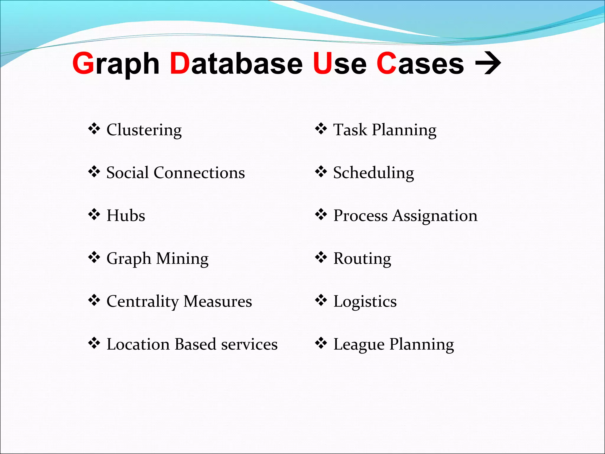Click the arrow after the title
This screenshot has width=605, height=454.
[x=488, y=63]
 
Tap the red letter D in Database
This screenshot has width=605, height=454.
[x=180, y=63]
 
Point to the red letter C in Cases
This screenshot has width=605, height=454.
[x=386, y=63]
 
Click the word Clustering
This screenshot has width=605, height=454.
[x=144, y=130]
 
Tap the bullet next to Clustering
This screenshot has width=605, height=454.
[x=94, y=129]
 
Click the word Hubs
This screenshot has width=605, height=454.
[x=126, y=215]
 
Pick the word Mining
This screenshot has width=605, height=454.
[x=182, y=259]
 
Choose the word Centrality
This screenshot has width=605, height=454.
[x=143, y=302]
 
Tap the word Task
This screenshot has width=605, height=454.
[x=350, y=130]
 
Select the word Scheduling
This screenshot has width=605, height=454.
[x=373, y=173]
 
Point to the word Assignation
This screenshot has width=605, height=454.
[x=435, y=216]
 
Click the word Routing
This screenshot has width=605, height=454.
[x=362, y=259]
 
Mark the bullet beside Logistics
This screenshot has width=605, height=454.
[x=321, y=300]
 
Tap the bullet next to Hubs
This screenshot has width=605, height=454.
[x=94, y=215]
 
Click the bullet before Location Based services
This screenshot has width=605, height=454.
[x=94, y=343]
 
